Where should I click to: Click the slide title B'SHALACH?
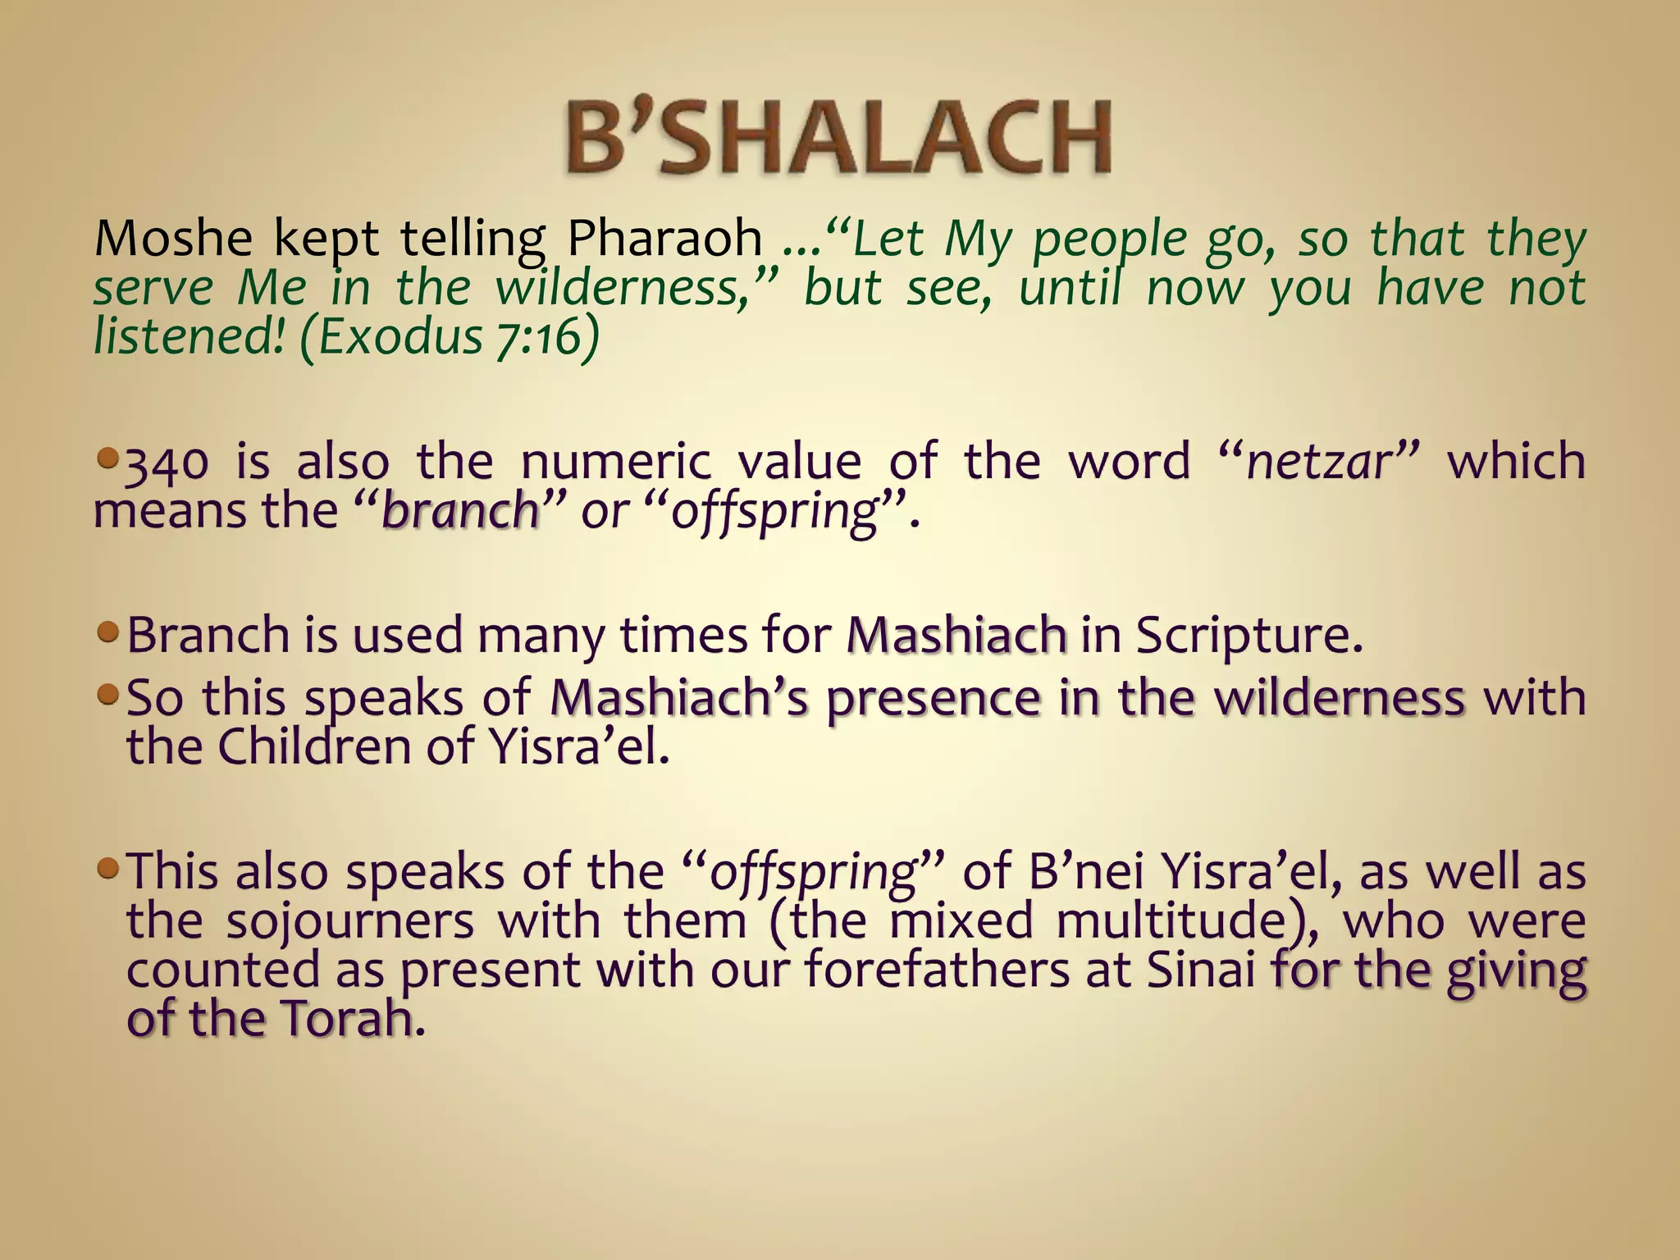838,137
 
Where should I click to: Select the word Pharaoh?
664,239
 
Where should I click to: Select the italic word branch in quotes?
459,512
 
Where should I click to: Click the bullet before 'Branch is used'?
107,632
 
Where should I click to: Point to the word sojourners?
350,920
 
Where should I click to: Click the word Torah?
345,1019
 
